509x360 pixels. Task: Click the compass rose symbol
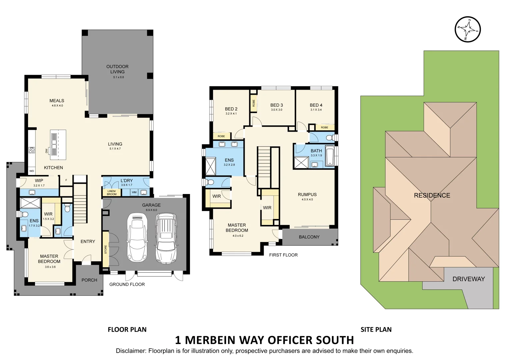click(x=468, y=29)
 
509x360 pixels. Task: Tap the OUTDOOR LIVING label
click(x=117, y=69)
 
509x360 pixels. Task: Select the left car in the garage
click(x=137, y=237)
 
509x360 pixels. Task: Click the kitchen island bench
click(x=58, y=144)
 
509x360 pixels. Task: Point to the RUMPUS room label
click(x=307, y=195)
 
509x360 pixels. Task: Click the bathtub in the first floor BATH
click(x=330, y=156)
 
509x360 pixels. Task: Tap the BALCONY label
click(x=309, y=237)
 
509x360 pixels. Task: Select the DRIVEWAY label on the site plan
click(x=468, y=279)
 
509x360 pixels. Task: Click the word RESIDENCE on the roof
click(x=432, y=196)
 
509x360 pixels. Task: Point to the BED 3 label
click(x=276, y=105)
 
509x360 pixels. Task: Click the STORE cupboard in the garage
click(x=106, y=249)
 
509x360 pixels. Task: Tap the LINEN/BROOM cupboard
click(x=112, y=193)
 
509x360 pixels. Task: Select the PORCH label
click(x=89, y=280)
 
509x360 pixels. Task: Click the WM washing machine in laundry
click(x=134, y=192)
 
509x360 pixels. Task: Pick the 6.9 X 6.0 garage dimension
click(x=151, y=210)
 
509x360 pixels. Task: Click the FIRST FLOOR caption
click(x=283, y=255)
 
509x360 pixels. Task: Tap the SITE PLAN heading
click(x=376, y=330)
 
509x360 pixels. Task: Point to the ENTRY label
click(x=88, y=241)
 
